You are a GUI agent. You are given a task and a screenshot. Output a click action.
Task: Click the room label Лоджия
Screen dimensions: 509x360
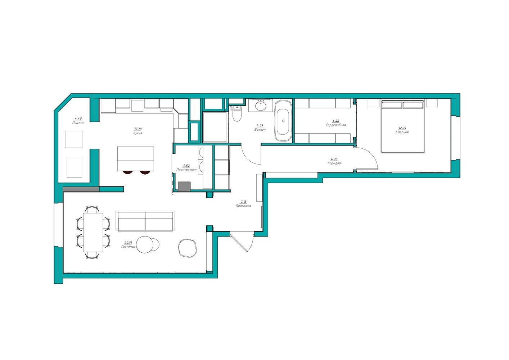[x=78, y=122]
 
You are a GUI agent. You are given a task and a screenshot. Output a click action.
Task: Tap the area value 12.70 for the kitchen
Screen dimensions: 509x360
[x=138, y=129]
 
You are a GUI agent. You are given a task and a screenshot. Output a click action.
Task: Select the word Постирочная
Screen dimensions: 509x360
[x=186, y=170]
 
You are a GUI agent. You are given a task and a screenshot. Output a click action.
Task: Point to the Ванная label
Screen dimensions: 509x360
[x=260, y=130]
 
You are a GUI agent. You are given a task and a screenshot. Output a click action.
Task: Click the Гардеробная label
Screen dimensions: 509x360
[x=336, y=125]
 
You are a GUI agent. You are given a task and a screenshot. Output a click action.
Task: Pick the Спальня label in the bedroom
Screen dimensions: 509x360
[x=402, y=132]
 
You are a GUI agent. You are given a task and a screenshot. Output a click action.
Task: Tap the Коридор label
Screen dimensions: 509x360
[x=334, y=163]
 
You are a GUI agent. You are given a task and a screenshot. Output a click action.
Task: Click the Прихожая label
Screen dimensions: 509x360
[x=243, y=206]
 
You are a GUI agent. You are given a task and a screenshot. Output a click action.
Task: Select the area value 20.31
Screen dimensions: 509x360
[x=128, y=243]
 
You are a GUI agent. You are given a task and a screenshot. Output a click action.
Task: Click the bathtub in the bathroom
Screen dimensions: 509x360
[x=283, y=121]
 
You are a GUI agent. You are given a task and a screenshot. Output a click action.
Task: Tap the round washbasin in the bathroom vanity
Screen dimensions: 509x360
[x=261, y=106]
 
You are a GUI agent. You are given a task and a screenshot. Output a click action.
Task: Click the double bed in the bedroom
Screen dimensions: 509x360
[x=403, y=127]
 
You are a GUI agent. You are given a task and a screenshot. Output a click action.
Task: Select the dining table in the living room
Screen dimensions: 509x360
[x=93, y=232]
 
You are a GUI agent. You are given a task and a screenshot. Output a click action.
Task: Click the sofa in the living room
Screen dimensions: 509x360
[x=145, y=221]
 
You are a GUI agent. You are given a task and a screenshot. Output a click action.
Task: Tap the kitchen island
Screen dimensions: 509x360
[x=136, y=159]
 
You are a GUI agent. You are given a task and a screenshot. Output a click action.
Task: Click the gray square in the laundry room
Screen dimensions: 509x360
[x=184, y=187]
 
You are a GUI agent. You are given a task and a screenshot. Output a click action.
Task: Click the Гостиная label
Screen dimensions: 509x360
[x=128, y=247]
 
